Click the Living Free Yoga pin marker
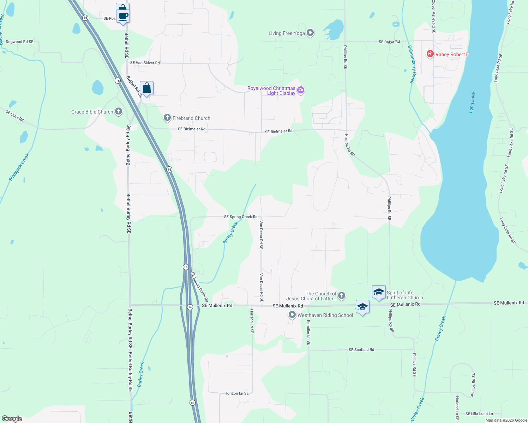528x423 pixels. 310,33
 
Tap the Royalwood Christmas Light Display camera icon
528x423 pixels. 301,90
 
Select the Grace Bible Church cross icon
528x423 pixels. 119,112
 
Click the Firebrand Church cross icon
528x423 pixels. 167,118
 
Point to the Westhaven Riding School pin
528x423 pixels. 292,315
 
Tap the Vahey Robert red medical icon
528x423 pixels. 430,54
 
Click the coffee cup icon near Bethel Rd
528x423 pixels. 123,16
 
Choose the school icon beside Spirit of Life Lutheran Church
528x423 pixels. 379,293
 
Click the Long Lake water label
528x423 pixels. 472,102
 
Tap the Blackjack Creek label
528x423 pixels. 19,167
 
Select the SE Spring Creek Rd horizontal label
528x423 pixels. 241,217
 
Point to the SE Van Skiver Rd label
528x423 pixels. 145,63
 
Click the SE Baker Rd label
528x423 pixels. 389,42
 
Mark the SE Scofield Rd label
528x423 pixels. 361,350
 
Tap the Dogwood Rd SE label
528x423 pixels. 19,42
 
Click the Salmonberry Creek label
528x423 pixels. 412,64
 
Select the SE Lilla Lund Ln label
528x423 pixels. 479,414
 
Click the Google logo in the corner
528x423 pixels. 12,419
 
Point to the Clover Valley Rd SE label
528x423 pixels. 434,17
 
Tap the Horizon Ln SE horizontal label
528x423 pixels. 236,393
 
